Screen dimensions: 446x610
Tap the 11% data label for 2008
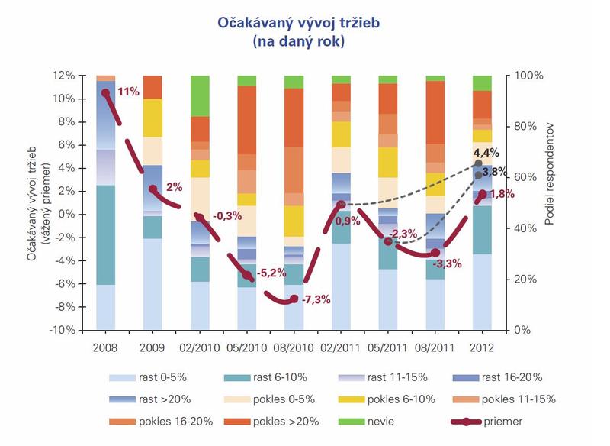(x=128, y=92)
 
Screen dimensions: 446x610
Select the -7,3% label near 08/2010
(x=316, y=299)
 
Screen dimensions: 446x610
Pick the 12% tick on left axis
(x=63, y=76)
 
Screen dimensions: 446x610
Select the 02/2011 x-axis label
(x=341, y=347)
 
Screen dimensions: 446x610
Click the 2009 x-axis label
(x=153, y=347)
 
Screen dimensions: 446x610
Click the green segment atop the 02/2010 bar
(x=200, y=95)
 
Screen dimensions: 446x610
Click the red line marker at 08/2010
(x=294, y=299)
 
